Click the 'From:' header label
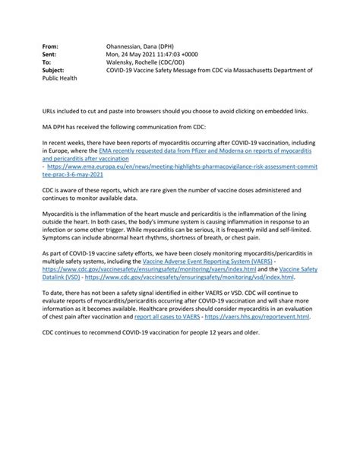coord(50,47)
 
